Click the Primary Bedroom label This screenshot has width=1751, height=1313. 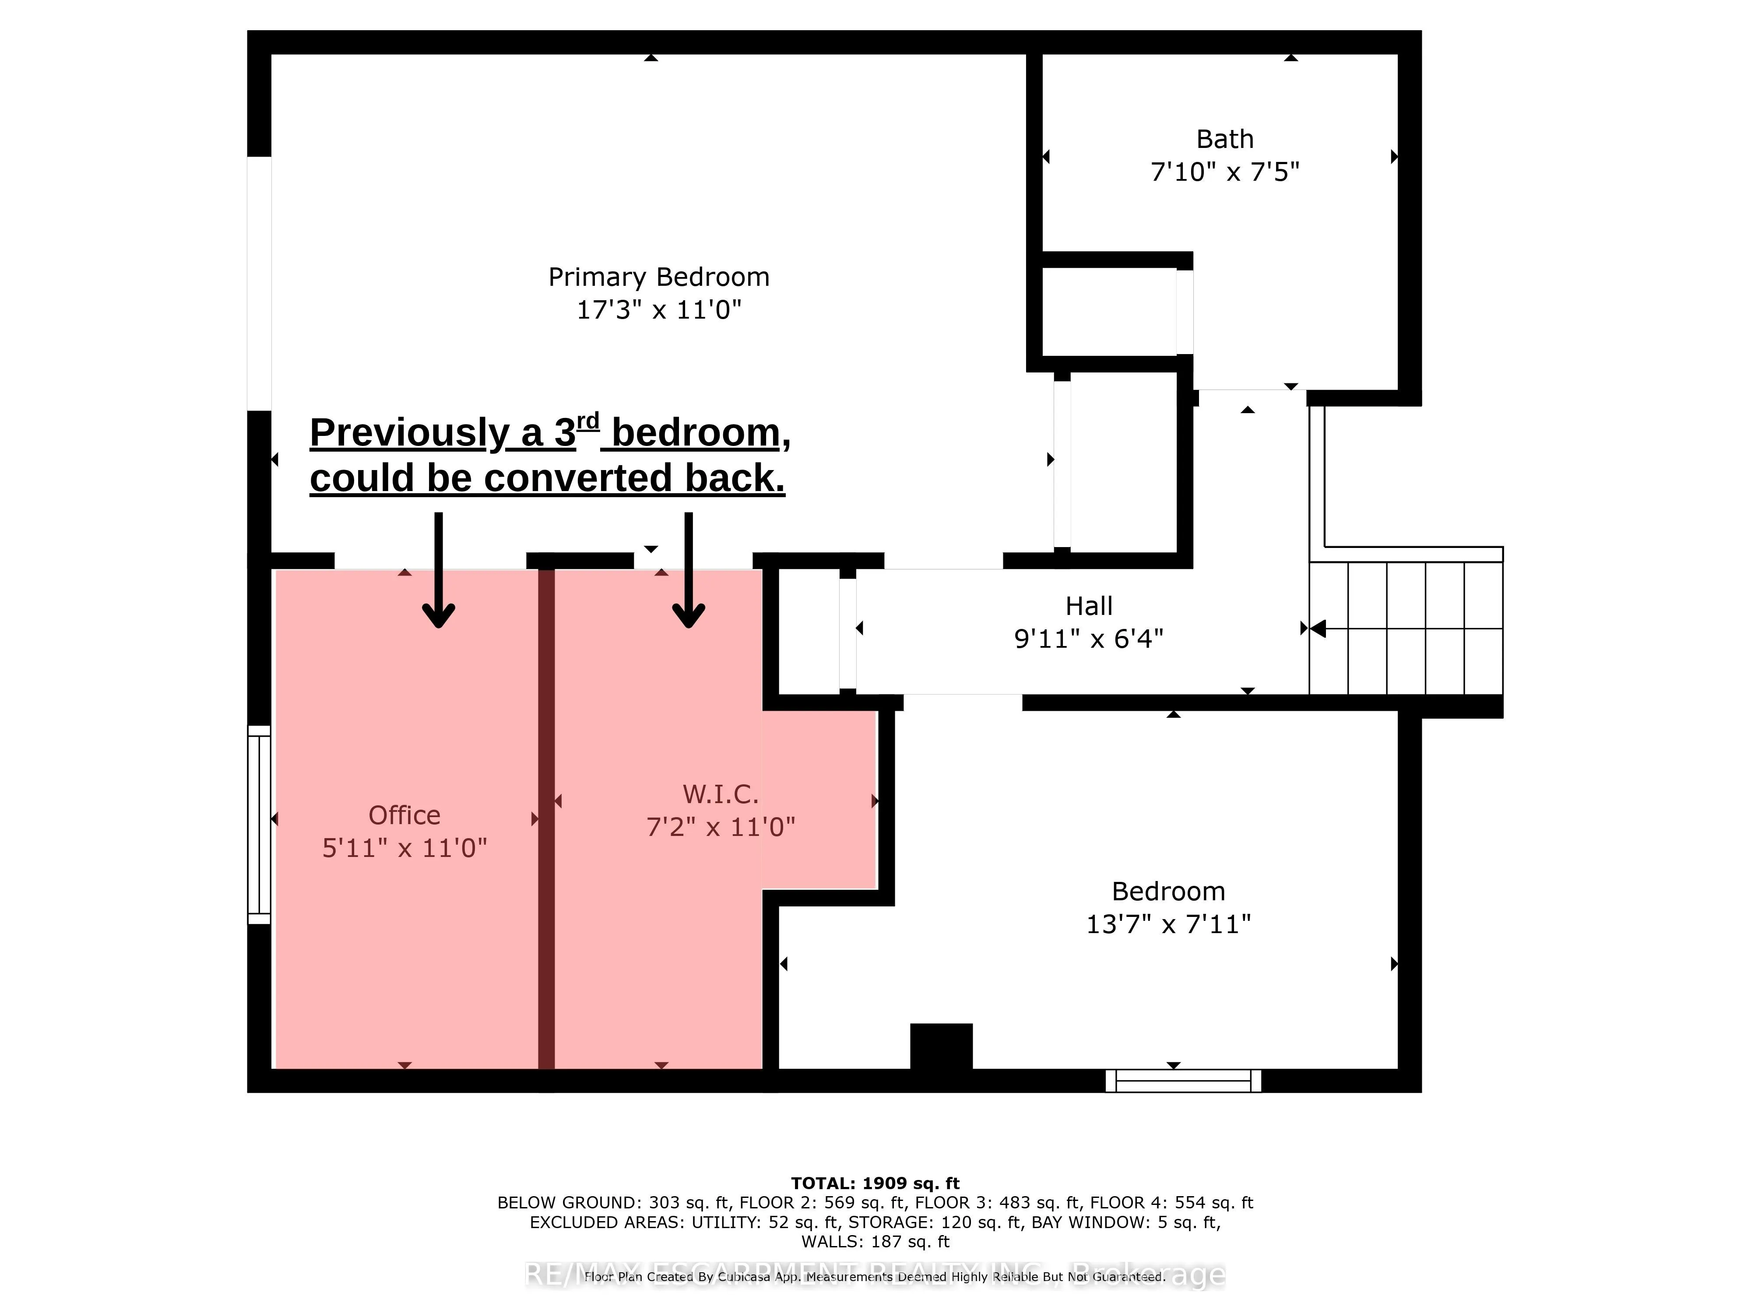pos(659,277)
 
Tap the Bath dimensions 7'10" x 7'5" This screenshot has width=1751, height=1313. pos(1224,172)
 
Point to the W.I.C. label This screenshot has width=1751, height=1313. pos(721,794)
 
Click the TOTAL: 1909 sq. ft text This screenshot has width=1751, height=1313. pos(875,1183)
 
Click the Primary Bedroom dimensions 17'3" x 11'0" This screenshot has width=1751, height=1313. pos(659,309)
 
